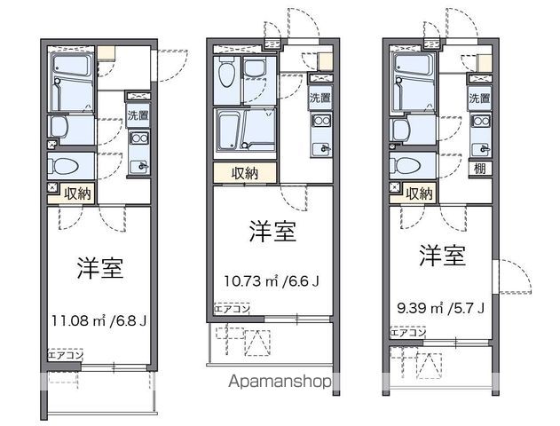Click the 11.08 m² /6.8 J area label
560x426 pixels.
(99, 320)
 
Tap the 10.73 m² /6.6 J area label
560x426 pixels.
(272, 281)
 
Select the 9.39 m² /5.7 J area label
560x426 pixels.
(441, 307)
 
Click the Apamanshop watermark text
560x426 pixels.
(280, 382)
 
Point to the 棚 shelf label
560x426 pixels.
(479, 169)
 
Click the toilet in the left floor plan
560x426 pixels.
(64, 166)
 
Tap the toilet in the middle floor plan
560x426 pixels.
(226, 72)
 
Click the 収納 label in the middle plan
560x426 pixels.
(245, 173)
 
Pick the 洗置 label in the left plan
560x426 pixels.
(138, 115)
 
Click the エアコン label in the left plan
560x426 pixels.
(66, 355)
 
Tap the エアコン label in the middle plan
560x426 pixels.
(232, 309)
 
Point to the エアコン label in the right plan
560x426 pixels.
(408, 333)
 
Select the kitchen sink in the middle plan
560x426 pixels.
(321, 148)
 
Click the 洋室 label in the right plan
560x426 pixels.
(443, 256)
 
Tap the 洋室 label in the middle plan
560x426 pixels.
(272, 232)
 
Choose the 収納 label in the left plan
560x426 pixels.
(77, 193)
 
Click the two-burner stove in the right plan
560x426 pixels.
(481, 122)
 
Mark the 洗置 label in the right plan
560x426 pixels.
(479, 99)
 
